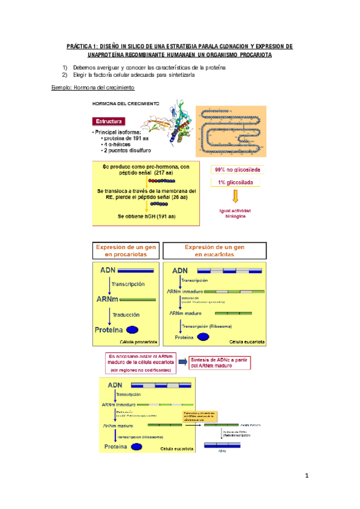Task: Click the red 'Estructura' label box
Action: click(x=109, y=121)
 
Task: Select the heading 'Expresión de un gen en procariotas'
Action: click(x=126, y=251)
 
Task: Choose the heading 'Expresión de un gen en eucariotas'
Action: click(x=214, y=251)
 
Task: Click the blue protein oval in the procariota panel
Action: click(x=133, y=329)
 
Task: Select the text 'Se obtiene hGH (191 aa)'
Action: click(x=142, y=216)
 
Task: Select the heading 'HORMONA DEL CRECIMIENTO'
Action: click(x=125, y=103)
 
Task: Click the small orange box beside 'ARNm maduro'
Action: click(x=199, y=417)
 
